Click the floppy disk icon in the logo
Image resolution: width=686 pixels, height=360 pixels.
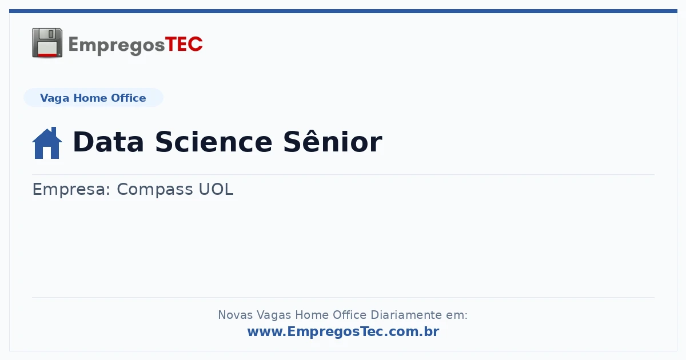pos(47,43)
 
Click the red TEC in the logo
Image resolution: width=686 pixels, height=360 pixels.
pos(184,45)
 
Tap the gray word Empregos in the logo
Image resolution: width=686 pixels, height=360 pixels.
pos(117,46)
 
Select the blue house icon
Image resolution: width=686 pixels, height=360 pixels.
pos(47,143)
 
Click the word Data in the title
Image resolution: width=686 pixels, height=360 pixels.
pos(108,142)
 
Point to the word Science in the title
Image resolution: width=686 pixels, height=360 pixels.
pos(214,142)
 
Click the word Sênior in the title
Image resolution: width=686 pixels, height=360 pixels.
pos(333,142)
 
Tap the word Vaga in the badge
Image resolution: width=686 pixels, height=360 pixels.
pos(54,98)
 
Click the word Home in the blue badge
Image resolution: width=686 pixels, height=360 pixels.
pos(90,98)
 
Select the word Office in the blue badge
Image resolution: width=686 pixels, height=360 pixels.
pos(128,98)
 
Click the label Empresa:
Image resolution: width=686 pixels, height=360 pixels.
pos(71,190)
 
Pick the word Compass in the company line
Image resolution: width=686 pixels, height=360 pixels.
pos(155,190)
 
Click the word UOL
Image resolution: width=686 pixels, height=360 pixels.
pos(216,189)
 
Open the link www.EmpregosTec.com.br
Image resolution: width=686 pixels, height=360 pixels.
pos(344,331)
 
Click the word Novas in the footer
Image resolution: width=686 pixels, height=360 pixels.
pos(235,315)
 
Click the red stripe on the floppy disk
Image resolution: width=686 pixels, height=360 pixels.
pos(47,55)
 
